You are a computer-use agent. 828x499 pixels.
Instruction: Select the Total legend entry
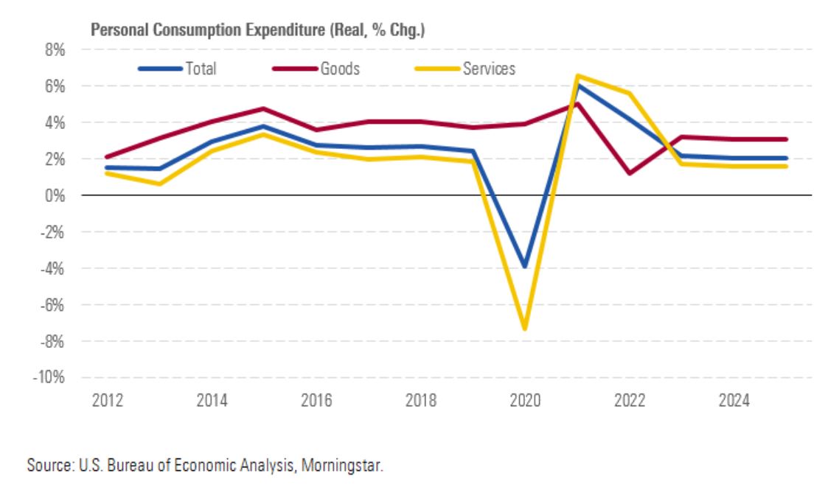coord(201,69)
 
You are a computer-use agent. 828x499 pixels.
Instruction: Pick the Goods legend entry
coord(340,69)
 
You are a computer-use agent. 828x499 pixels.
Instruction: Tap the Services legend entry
coord(488,69)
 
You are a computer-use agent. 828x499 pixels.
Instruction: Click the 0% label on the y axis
coord(58,196)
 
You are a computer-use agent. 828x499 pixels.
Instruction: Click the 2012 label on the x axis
coord(108,401)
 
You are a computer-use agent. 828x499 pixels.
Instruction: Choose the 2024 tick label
coord(735,401)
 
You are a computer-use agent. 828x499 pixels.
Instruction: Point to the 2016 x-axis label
coord(317,401)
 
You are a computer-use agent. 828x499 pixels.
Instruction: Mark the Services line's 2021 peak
coord(578,76)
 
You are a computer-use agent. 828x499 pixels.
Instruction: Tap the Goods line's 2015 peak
coord(265,109)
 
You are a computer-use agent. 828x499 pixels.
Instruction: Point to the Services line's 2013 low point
coord(160,184)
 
